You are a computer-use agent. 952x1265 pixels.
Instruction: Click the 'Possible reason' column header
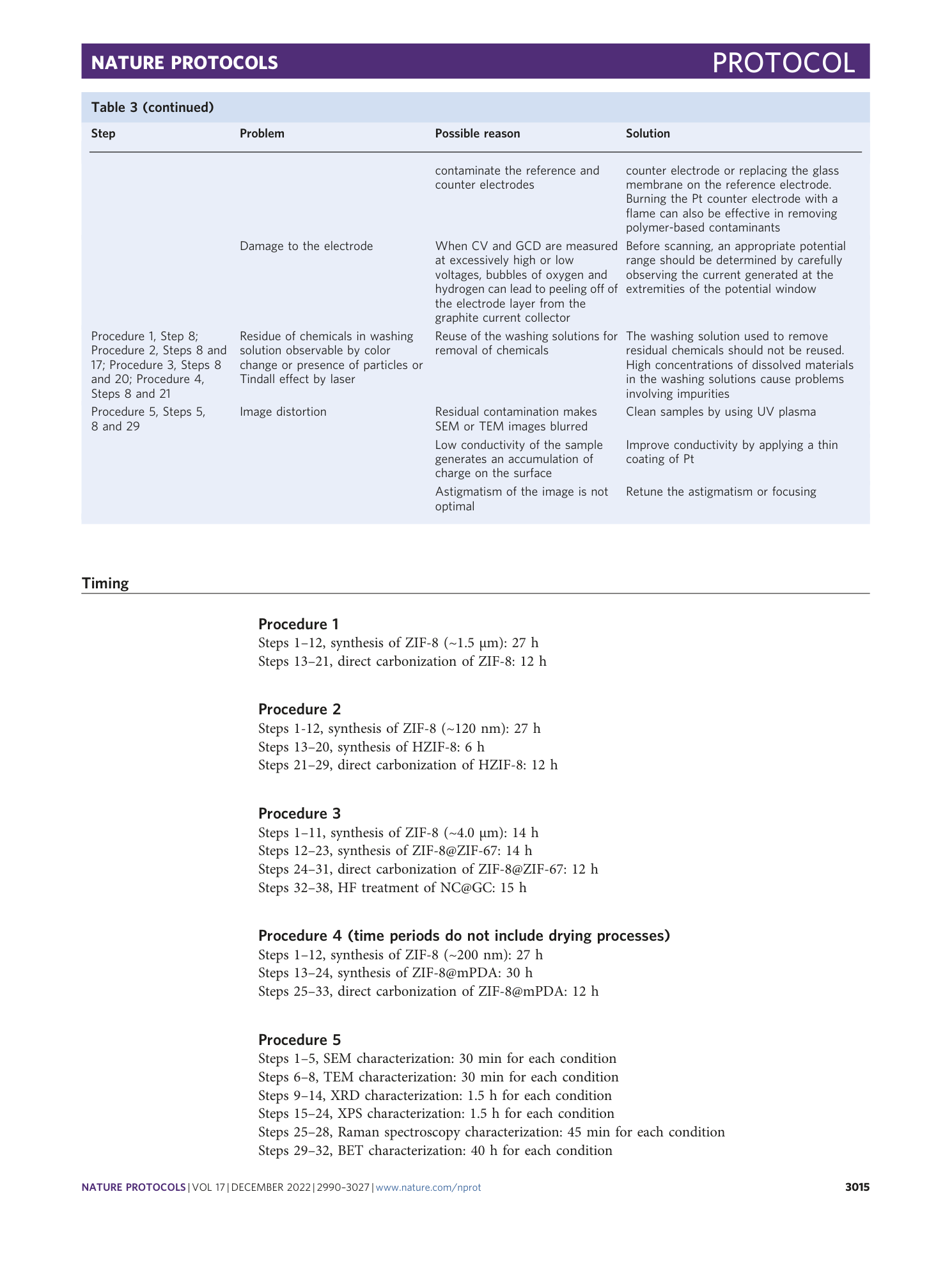tap(477, 134)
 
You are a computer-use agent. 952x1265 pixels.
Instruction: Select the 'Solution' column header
tap(647, 134)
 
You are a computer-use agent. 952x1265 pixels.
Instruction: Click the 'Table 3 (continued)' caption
tap(152, 107)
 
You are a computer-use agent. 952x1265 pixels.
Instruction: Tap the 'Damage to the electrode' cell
tap(306, 246)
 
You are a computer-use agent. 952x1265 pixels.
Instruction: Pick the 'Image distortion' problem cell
tap(283, 412)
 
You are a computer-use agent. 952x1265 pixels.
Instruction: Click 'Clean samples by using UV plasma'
tap(720, 412)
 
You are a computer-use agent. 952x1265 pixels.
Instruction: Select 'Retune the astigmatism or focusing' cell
tap(720, 492)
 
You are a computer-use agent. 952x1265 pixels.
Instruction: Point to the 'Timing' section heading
tap(105, 583)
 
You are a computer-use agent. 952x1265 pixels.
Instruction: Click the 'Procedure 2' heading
tap(299, 709)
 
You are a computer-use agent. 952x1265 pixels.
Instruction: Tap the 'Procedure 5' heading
tap(299, 1040)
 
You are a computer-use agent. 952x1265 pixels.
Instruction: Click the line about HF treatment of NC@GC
tap(392, 888)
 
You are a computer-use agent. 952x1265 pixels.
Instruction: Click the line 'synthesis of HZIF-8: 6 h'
tap(371, 747)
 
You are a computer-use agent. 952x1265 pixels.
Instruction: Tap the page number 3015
tap(857, 1188)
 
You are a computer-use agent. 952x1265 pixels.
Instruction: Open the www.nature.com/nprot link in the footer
tap(428, 1188)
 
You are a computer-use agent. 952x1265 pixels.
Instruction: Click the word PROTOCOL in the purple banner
tap(783, 63)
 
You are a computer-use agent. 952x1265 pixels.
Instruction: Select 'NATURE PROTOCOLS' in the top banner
tap(184, 63)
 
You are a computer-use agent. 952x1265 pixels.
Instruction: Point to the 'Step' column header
tap(104, 134)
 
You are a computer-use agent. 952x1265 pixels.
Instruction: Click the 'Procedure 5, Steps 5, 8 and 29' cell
tap(148, 419)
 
